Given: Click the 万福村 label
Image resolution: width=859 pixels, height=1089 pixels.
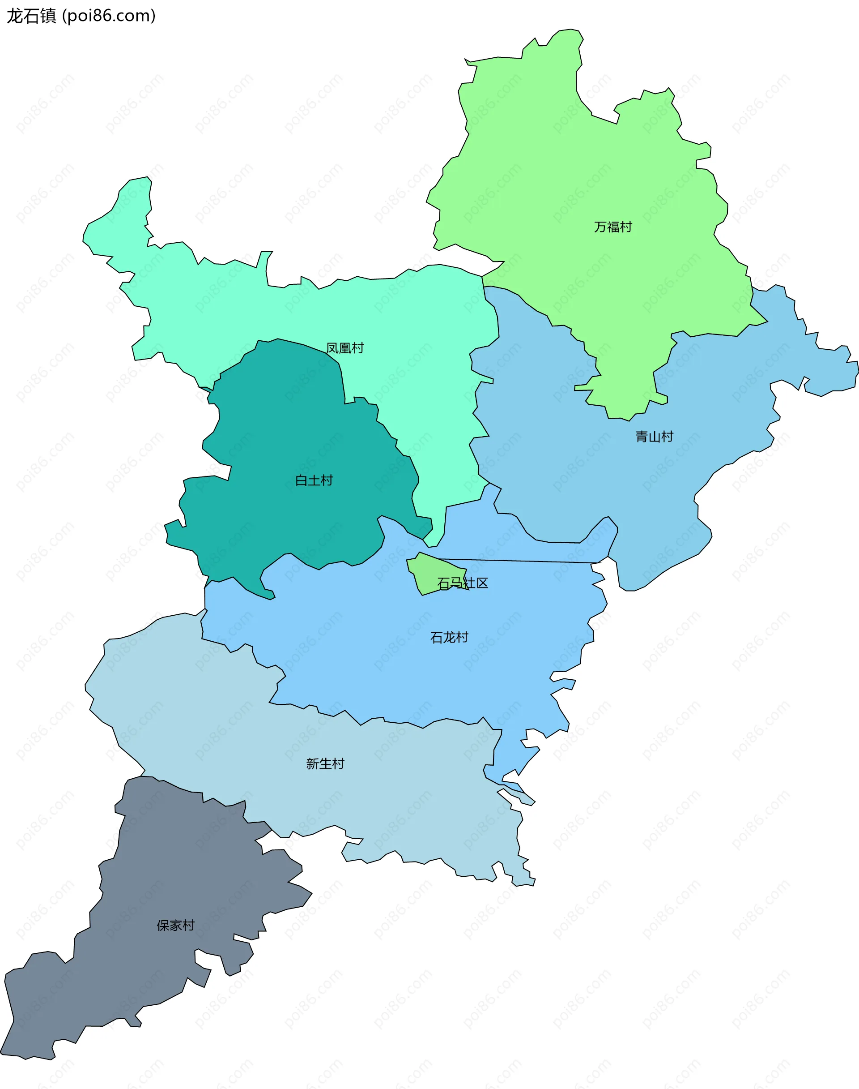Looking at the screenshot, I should coord(612,227).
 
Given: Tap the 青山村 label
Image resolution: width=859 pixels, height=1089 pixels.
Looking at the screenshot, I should coord(654,436).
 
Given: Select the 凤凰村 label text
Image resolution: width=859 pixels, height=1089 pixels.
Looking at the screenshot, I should coord(344,348).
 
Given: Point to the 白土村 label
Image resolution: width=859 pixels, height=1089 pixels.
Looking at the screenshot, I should coord(314,480).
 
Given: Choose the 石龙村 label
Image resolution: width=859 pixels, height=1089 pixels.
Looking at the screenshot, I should coord(449,637).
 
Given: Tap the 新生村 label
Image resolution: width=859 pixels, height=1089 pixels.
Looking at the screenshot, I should coord(325,763).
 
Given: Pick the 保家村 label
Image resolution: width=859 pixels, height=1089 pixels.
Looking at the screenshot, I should coord(175,925).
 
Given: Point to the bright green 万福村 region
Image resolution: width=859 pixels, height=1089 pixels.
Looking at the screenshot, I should coord(578,176).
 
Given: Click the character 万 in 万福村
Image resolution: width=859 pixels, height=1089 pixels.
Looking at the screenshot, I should coord(600,227).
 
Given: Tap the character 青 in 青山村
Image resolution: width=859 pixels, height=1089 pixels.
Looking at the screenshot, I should coord(641,436).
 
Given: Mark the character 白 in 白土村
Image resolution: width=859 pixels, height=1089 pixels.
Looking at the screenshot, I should coord(301,480).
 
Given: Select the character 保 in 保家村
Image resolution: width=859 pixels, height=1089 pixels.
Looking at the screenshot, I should coord(163,925).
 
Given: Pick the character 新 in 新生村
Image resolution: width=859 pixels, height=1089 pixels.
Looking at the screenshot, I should coord(312,763).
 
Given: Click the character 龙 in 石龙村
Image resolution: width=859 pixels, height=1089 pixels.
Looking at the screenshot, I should coord(449,637).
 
